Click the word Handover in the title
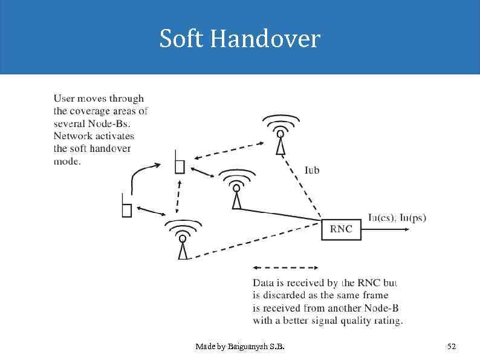pos(264,39)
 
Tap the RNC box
pos(341,229)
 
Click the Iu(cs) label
pos(381,218)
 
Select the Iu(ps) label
pos(412,218)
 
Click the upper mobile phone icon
pos(179,162)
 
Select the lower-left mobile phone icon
pos(126,206)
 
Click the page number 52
pos(451,347)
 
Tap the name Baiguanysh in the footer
pos(250,347)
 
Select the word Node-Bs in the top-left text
pos(111,124)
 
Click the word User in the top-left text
pos(64,99)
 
